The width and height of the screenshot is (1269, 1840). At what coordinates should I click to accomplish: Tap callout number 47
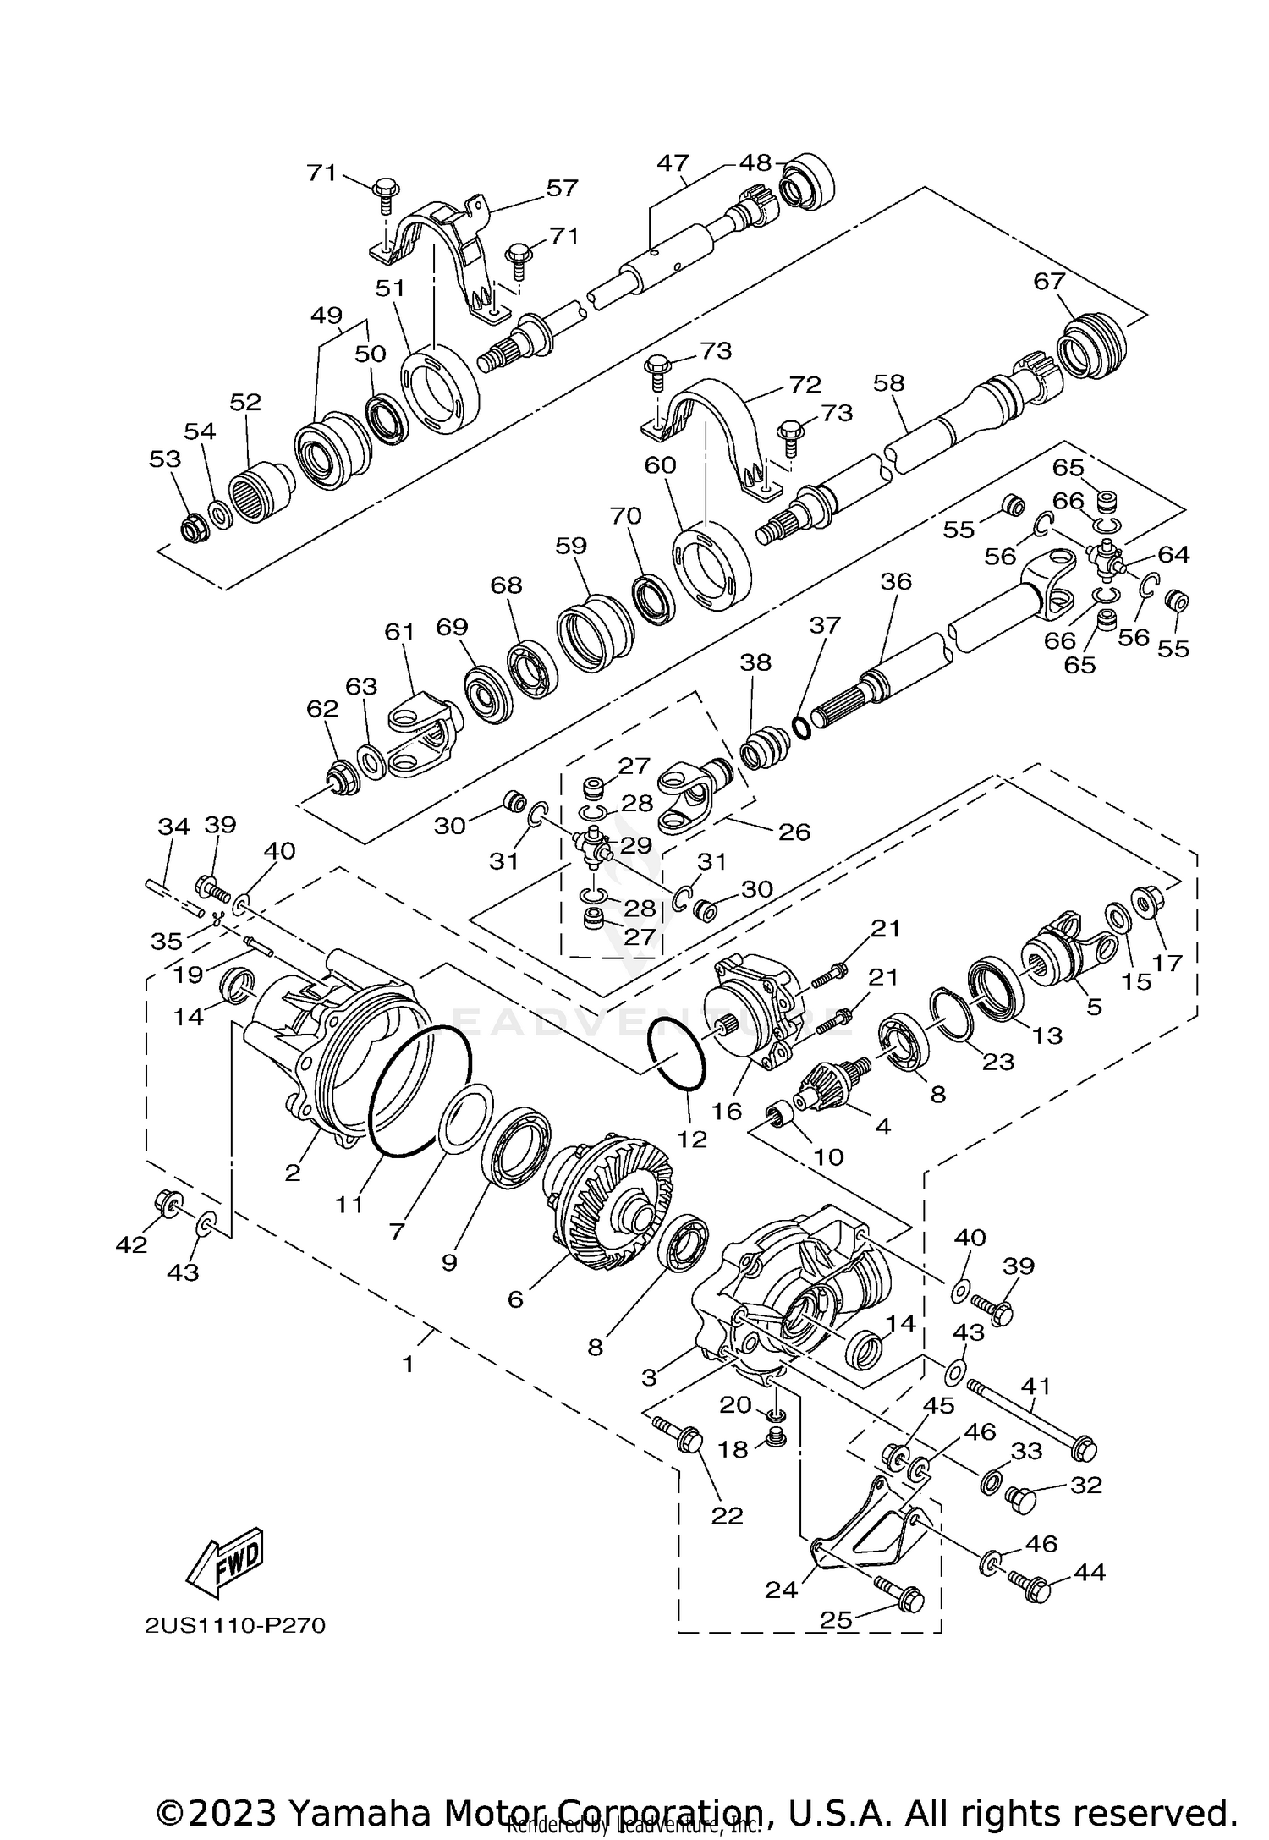coord(673,163)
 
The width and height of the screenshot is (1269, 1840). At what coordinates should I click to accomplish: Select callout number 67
coord(1049,282)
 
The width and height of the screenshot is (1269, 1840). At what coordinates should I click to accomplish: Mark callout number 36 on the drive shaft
coord(896,582)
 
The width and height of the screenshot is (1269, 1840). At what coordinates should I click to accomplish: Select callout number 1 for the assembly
coord(408,1364)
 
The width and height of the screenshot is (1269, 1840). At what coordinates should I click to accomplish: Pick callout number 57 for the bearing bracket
coord(563,188)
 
